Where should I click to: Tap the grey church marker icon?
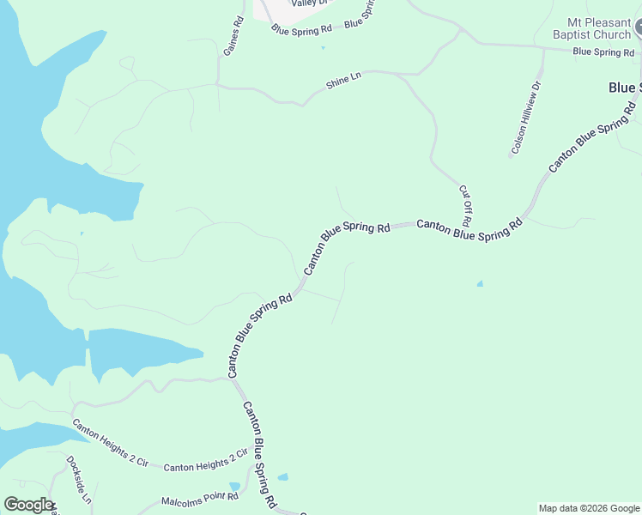(x=639, y=30)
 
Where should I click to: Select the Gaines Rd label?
(x=233, y=36)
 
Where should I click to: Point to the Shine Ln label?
(x=343, y=82)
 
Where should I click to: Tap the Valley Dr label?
(x=310, y=3)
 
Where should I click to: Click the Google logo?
(x=28, y=505)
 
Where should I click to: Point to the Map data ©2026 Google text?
(x=589, y=508)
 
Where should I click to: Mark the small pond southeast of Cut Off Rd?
(x=479, y=283)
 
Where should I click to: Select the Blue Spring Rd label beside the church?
(x=602, y=52)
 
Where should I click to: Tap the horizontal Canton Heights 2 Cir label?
(x=205, y=467)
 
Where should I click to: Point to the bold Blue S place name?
(x=624, y=88)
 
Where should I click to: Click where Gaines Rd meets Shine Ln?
(x=218, y=85)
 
